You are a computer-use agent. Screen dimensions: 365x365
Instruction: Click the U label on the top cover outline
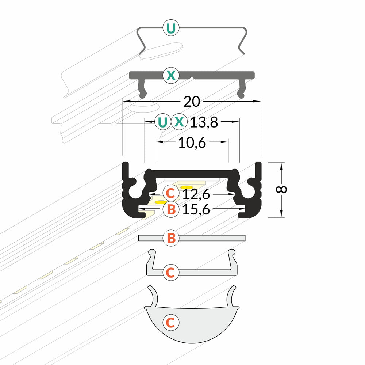[170, 28]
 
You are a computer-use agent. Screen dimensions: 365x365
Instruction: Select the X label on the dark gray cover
[170, 76]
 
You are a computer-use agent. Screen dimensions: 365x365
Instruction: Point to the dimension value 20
[192, 102]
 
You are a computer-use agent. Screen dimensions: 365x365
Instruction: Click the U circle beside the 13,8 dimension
[163, 122]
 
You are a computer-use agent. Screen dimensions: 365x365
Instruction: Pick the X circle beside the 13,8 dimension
[179, 122]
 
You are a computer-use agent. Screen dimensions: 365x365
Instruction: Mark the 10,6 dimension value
[192, 143]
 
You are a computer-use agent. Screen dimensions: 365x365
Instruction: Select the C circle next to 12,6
[170, 192]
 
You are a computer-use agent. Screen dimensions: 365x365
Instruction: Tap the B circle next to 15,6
[170, 209]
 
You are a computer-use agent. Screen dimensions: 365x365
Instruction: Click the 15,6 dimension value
[196, 210]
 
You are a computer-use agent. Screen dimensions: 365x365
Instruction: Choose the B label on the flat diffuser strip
[170, 238]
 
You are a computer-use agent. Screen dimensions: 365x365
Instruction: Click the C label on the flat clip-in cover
[170, 272]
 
